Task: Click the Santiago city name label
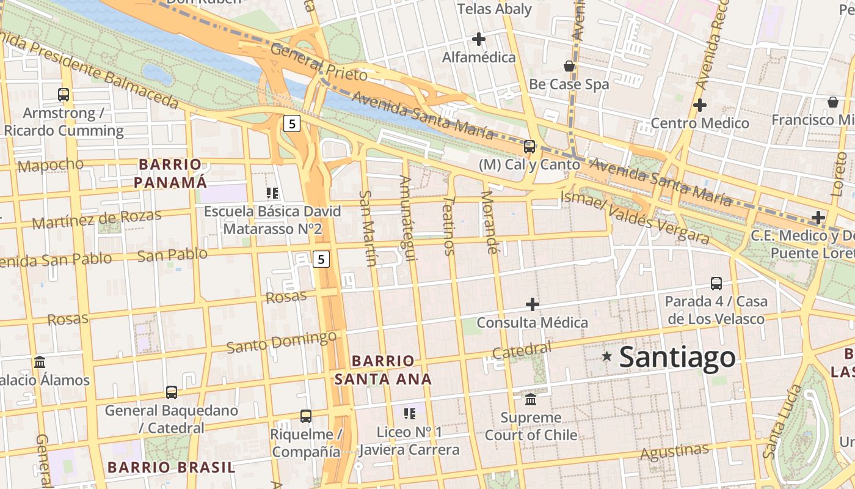point(677,357)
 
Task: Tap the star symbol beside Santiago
point(606,356)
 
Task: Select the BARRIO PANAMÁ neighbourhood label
point(170,174)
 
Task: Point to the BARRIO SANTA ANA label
point(383,370)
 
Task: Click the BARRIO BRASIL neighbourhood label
point(171,468)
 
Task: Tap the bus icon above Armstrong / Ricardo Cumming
point(64,95)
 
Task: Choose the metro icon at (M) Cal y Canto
point(529,147)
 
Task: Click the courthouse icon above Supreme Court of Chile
point(531,400)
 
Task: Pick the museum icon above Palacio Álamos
point(40,362)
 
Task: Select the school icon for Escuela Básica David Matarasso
point(272,193)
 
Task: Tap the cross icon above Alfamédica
point(479,40)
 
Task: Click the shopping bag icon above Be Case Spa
point(569,66)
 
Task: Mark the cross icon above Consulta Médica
point(533,304)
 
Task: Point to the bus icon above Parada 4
point(716,284)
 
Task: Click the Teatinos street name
point(449,225)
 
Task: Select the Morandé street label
point(489,222)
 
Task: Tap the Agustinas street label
point(675,452)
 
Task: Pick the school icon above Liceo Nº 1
point(409,414)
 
